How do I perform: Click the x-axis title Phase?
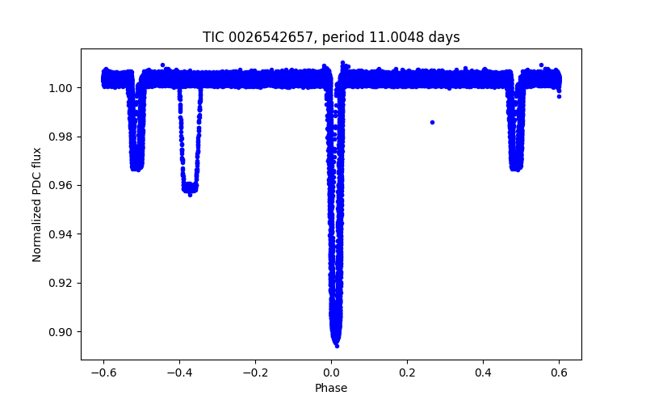click(x=331, y=388)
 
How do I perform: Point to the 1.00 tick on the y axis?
click(x=62, y=87)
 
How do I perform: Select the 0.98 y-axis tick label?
click(x=62, y=137)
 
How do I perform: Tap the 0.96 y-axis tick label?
click(x=62, y=185)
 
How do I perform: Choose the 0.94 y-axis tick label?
click(x=62, y=234)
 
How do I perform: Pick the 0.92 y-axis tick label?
click(x=62, y=283)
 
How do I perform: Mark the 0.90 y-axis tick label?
click(x=62, y=332)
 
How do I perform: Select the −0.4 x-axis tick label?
click(x=179, y=372)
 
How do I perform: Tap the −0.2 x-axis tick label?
click(x=255, y=372)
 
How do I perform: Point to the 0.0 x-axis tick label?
click(x=331, y=372)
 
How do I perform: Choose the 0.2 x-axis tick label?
click(x=407, y=372)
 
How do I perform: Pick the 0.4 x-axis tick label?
click(x=483, y=372)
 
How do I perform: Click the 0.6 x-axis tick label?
click(x=559, y=372)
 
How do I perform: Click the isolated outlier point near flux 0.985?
click(x=432, y=122)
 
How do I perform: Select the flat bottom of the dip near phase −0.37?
click(x=191, y=188)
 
